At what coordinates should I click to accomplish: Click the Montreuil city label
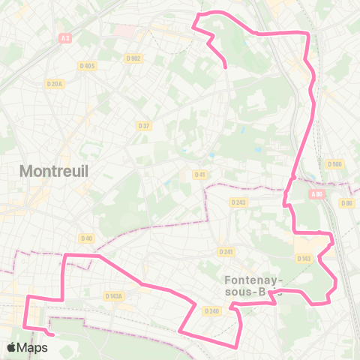click(54, 171)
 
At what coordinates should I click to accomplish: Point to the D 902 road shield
click(133, 58)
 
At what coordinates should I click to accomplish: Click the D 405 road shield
click(87, 66)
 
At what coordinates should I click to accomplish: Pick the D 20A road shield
click(54, 84)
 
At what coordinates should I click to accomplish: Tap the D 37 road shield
click(144, 125)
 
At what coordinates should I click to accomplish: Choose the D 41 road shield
click(199, 174)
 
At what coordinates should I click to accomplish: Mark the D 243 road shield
click(239, 202)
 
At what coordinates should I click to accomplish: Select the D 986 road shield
click(334, 163)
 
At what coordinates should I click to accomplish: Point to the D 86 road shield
click(346, 202)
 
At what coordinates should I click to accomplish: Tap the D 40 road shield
click(87, 238)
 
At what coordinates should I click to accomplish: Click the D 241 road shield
click(225, 252)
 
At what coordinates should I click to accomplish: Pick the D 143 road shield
click(304, 258)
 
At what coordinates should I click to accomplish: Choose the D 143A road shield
click(114, 296)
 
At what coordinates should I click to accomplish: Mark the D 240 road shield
click(211, 311)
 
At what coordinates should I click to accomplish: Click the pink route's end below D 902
click(226, 67)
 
